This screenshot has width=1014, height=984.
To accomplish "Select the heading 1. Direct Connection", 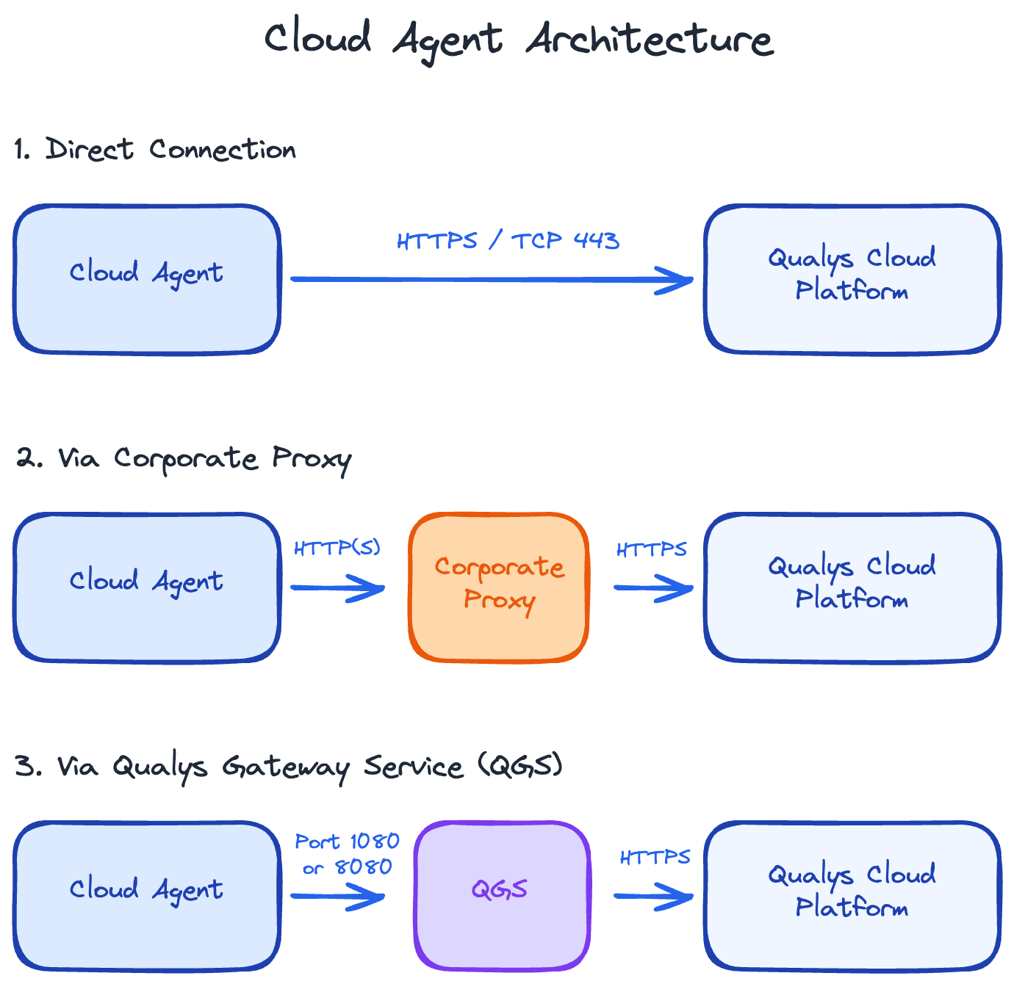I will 155,150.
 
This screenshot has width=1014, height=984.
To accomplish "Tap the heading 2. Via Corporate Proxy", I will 184,459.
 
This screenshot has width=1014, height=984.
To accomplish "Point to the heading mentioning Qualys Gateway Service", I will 289,767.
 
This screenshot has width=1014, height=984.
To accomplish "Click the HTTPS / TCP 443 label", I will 508,241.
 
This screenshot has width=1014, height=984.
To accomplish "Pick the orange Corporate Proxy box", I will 499,587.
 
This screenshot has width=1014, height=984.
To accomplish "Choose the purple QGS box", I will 502,896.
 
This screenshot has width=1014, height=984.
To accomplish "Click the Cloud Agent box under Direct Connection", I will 147,279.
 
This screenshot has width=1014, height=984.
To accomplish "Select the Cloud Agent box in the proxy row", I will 147,587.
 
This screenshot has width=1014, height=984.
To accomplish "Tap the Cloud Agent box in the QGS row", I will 147,896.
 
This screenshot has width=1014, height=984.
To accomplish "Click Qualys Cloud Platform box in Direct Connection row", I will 852,279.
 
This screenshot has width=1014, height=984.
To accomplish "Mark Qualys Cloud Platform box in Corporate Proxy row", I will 852,587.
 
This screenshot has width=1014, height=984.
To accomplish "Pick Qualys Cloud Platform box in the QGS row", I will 852,896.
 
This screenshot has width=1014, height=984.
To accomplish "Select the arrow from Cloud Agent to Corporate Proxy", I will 337,587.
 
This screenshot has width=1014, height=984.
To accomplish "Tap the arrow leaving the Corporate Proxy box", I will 653,587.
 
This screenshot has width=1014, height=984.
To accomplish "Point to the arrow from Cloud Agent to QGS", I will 337,896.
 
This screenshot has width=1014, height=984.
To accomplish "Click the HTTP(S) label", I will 337,549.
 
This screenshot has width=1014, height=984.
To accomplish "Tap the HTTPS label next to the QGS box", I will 655,858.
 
